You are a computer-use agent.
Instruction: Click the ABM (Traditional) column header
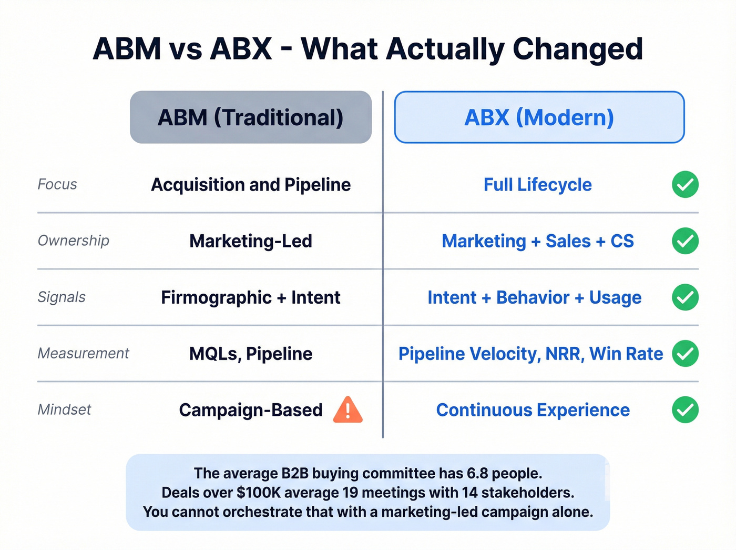tap(251, 117)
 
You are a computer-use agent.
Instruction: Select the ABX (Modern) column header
tap(539, 117)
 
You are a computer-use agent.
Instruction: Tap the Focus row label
tap(57, 184)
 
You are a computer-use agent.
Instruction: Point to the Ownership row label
tap(74, 241)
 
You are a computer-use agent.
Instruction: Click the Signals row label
tap(62, 297)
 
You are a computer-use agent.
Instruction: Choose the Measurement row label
tap(83, 353)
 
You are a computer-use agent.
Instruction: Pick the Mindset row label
tap(64, 409)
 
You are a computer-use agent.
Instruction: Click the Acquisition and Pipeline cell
tap(251, 185)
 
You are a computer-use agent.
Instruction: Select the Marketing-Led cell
tap(251, 241)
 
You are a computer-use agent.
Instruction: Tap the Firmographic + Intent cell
tap(251, 297)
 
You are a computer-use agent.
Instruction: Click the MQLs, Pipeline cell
tap(251, 354)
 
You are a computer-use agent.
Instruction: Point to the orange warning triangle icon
tap(348, 411)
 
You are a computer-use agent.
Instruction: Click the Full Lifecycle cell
tap(537, 185)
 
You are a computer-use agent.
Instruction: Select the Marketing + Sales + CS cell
tap(537, 241)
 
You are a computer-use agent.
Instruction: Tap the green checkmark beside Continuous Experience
tap(685, 409)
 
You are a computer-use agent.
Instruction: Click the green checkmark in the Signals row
tap(685, 297)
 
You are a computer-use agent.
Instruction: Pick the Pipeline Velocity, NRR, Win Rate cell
tap(530, 354)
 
